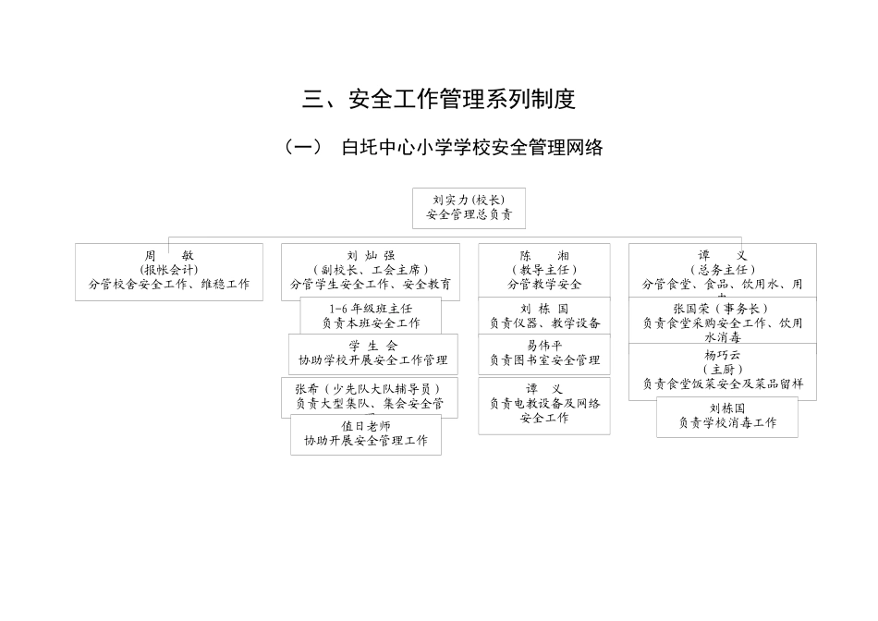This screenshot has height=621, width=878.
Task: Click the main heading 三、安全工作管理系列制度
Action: (439, 99)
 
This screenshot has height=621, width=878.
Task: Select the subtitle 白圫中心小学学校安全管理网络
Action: (471, 147)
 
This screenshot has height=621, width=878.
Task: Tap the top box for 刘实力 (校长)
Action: (469, 208)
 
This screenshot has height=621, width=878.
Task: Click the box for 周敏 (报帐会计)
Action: (169, 271)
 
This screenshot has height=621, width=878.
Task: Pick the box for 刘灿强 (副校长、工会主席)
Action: (370, 271)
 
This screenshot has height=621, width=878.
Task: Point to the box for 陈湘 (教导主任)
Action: (543, 270)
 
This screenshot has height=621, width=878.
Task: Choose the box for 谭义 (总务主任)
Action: (722, 269)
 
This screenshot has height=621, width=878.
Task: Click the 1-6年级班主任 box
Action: (371, 316)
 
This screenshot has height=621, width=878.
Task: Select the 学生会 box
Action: (372, 353)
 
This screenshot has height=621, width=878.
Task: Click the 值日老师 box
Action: (366, 434)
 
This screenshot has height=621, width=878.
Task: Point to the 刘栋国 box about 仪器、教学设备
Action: (544, 316)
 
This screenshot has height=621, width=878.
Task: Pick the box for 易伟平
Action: (544, 353)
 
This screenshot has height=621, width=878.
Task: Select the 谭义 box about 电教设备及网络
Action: (544, 404)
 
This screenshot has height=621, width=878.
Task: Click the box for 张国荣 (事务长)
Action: (722, 320)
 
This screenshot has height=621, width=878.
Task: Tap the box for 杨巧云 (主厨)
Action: (722, 370)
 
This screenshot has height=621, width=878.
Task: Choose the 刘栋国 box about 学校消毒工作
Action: (726, 416)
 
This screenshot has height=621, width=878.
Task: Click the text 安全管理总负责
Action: (469, 215)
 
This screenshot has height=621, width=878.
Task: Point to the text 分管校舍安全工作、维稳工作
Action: (169, 285)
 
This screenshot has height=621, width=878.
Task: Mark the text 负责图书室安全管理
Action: (544, 360)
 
